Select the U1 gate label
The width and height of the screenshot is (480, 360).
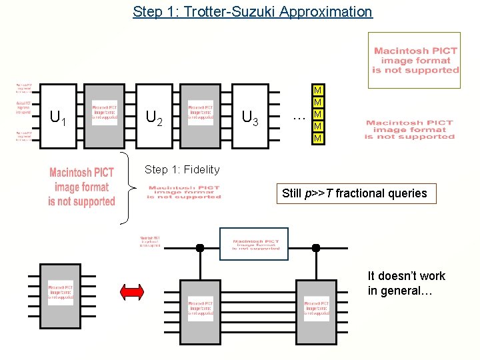click(x=59, y=118)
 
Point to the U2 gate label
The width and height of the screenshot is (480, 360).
click(x=154, y=118)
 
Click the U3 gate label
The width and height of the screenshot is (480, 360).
click(x=250, y=118)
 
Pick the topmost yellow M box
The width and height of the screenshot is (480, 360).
click(x=318, y=91)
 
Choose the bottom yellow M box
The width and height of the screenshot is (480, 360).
click(x=318, y=138)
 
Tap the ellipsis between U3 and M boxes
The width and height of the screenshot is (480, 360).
click(x=299, y=117)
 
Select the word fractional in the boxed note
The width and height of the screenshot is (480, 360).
click(x=361, y=193)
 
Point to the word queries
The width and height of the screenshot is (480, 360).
click(x=408, y=193)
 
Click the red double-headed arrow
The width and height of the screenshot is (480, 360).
click(x=131, y=291)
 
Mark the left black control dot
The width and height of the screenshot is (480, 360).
click(x=199, y=248)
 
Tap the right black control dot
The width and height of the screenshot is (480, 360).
click(x=316, y=248)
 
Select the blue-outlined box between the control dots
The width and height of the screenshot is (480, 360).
click(x=254, y=244)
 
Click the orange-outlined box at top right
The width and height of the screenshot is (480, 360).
click(x=414, y=60)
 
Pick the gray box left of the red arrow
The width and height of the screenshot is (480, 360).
click(x=61, y=293)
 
